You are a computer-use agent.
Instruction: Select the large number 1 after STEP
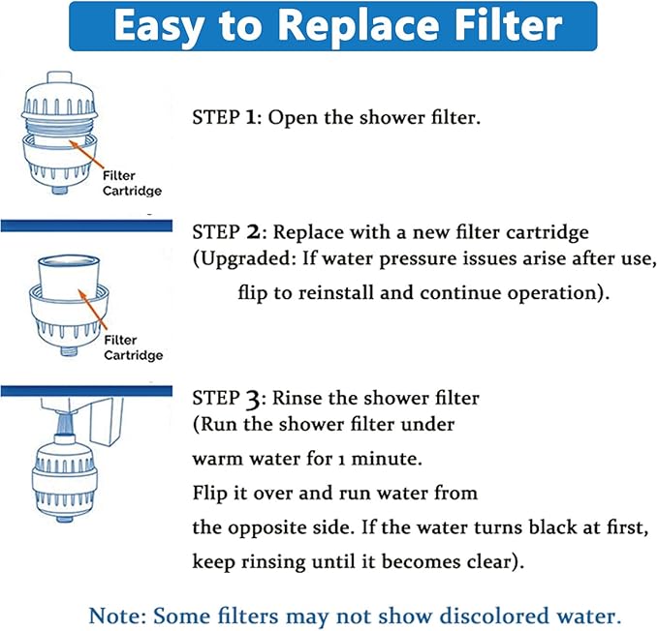coord(249,117)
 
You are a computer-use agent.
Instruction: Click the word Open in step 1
coord(293,117)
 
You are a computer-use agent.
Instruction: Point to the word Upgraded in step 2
coord(241,261)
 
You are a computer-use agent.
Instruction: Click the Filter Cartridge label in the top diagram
coord(133,184)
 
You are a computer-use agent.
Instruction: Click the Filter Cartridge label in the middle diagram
coord(133,347)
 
